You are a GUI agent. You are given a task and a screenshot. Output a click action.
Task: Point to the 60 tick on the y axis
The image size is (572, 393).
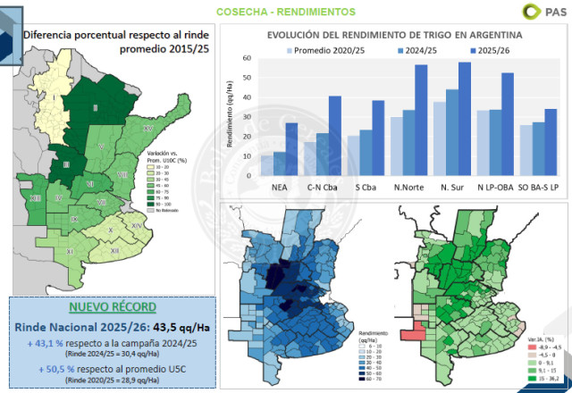tap(247, 57)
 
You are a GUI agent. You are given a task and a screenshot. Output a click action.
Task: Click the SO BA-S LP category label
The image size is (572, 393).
tap(538, 187)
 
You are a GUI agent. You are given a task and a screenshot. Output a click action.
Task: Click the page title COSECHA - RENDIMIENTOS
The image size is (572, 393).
tap(285, 12)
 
